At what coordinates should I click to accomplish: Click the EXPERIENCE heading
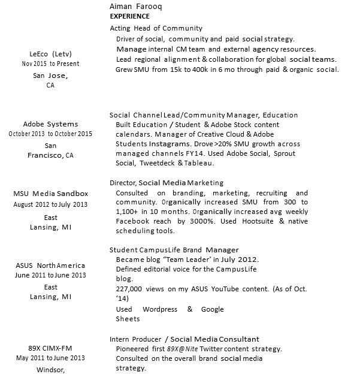[130, 16]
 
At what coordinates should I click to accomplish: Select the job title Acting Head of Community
[156, 28]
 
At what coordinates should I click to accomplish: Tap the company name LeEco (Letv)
[50, 53]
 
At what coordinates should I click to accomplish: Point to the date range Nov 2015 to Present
[50, 64]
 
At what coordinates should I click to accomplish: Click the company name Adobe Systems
[50, 124]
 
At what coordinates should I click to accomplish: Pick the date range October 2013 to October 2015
[50, 134]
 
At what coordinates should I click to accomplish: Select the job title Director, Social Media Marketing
[167, 183]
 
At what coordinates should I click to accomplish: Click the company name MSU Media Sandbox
[50, 194]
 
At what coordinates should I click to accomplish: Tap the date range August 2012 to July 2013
[50, 204]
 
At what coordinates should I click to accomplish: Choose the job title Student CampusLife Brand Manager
[174, 250]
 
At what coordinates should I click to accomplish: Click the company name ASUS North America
[50, 266]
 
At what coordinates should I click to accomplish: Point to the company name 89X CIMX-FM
[50, 348]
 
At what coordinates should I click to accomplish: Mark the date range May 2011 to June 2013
[50, 358]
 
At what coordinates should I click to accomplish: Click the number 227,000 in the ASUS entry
[131, 289]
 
